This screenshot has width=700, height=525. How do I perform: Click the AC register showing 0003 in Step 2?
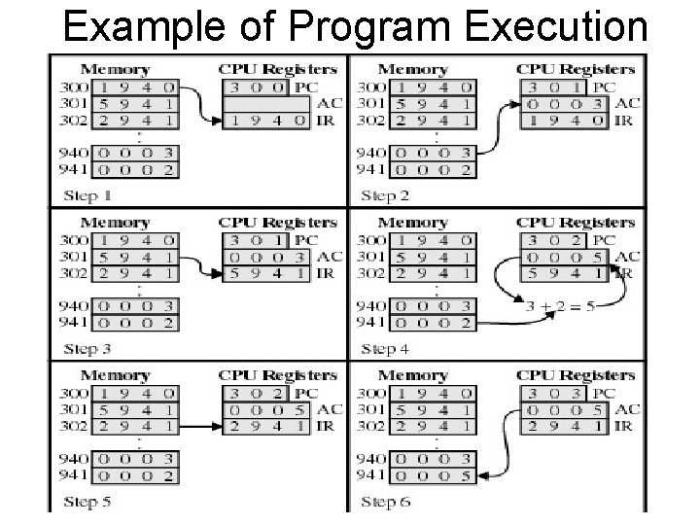[564, 104]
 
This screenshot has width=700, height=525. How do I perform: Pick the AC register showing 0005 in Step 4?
[564, 257]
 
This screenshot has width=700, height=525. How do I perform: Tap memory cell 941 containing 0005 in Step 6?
[432, 475]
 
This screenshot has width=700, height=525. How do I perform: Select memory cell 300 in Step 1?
[133, 87]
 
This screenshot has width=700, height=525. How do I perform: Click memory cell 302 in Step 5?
[133, 426]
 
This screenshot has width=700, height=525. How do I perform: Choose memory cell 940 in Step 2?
[432, 154]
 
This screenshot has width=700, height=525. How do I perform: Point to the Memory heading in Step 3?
[115, 223]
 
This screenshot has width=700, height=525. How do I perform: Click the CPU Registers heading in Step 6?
[576, 375]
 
